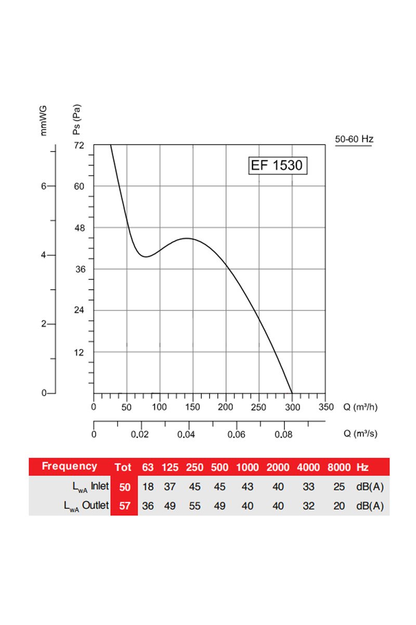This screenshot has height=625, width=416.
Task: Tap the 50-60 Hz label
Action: [x=354, y=139]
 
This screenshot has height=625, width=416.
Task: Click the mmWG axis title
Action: [x=44, y=120]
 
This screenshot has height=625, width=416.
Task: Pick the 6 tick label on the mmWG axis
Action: [x=44, y=186]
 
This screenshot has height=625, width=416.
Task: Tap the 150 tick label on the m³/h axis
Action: [x=192, y=407]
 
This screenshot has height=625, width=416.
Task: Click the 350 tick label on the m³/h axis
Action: [x=325, y=407]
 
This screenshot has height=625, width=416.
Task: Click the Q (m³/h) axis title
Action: [x=360, y=407]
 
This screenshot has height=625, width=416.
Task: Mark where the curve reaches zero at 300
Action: [x=292, y=393]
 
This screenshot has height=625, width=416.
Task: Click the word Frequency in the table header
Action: [x=69, y=466]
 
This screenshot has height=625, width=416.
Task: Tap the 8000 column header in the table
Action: [x=339, y=467]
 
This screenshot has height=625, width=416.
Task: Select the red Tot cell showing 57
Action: [x=124, y=505]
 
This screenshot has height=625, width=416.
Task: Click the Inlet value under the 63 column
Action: [x=148, y=486]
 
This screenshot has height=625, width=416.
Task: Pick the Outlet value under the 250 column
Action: [x=195, y=505]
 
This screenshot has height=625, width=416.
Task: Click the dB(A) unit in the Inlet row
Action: [x=370, y=486]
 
